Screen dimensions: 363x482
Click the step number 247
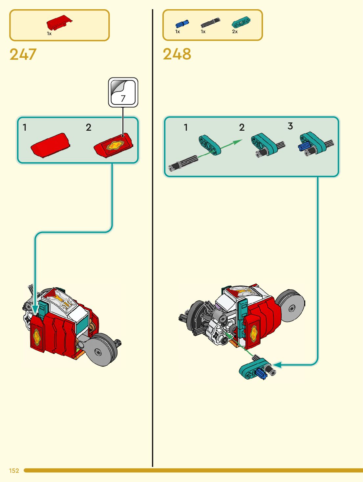tap(23, 55)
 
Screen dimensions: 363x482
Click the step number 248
tap(177, 55)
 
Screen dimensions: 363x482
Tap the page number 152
tap(14, 471)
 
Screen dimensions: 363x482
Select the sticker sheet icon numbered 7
tap(123, 92)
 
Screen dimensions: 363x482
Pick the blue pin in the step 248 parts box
tap(182, 24)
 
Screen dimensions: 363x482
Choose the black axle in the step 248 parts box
tap(210, 23)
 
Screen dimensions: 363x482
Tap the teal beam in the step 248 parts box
tap(241, 23)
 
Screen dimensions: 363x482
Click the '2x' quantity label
tap(235, 32)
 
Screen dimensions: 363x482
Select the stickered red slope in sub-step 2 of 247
tap(114, 146)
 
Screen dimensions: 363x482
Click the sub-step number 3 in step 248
tap(290, 126)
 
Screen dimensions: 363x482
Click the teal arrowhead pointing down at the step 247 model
tap(35, 309)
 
